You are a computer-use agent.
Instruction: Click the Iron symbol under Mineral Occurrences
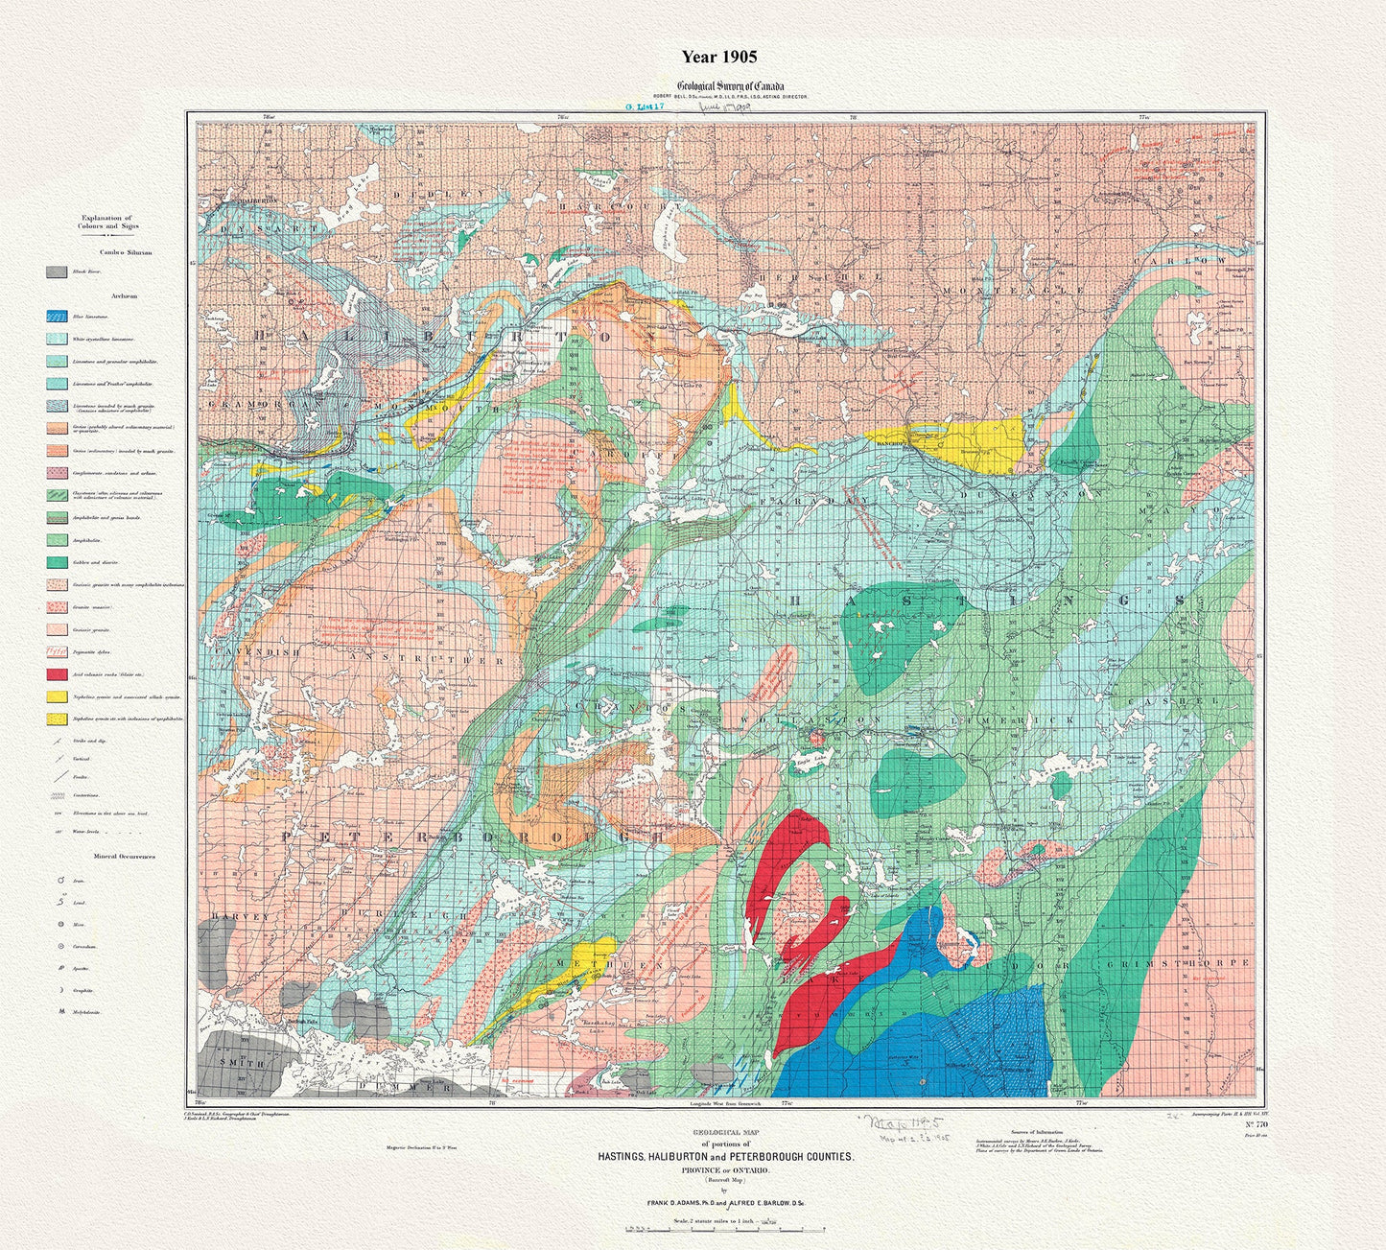click(x=60, y=880)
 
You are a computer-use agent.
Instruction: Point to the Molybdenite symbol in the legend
click(x=60, y=1011)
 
